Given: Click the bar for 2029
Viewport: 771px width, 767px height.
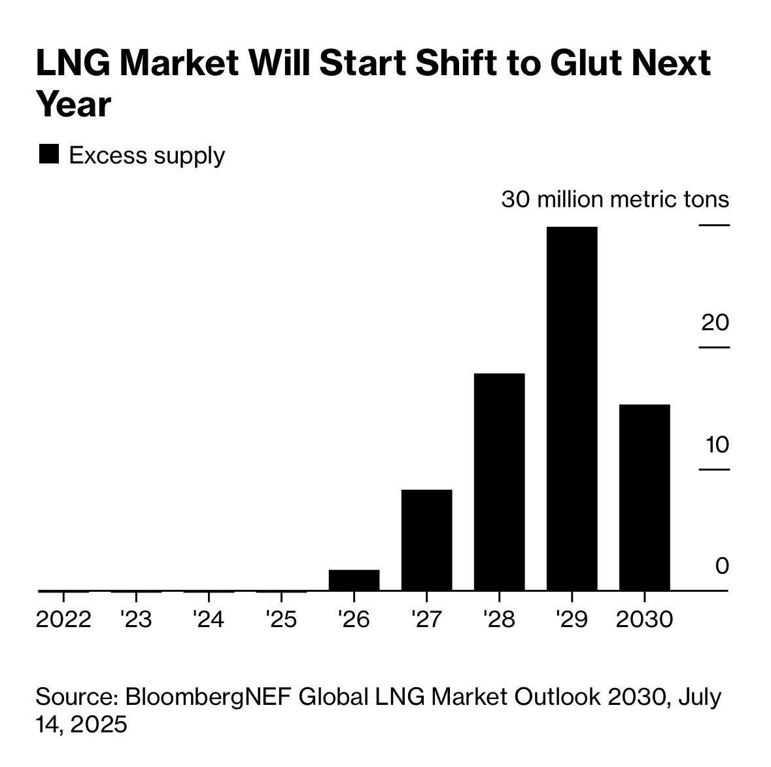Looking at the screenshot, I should [572, 409].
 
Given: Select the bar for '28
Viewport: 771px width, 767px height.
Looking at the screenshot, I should [499, 482].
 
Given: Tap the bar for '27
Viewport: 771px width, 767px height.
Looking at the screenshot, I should [426, 540].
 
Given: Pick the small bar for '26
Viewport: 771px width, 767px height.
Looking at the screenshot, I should [354, 580].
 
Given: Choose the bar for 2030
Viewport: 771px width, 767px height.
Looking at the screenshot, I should [644, 498].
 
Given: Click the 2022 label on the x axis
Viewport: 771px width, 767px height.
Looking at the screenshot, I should [63, 619].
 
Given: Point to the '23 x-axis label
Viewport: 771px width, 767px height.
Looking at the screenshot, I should [136, 619].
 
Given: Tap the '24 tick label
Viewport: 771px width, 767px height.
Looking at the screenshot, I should [209, 619].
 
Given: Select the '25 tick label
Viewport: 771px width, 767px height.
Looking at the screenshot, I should [281, 619].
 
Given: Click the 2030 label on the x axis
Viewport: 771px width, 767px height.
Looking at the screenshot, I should [644, 619].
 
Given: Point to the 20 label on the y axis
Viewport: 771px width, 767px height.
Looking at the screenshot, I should [715, 322].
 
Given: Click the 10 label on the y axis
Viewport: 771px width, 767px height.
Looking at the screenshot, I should [716, 445].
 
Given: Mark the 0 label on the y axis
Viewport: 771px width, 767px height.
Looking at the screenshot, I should [721, 566].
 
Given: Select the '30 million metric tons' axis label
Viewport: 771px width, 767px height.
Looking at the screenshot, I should [615, 199].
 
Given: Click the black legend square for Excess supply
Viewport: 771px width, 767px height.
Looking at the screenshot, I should [49, 154].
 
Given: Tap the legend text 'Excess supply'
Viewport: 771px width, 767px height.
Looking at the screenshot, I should [146, 156].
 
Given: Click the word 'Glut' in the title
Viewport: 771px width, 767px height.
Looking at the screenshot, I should [582, 63].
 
